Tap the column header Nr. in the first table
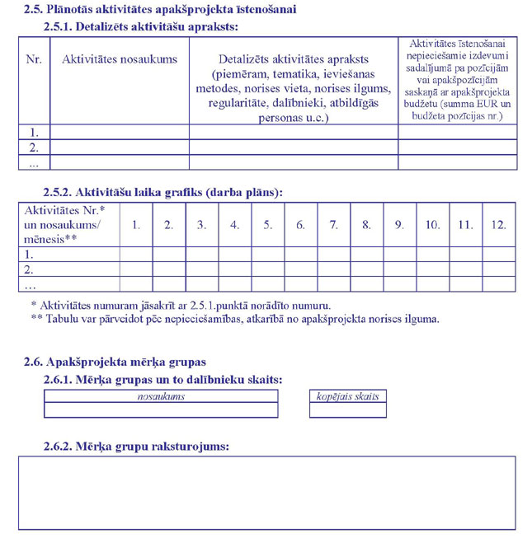(34, 59)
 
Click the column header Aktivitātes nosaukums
(120, 59)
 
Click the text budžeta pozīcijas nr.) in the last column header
(457, 117)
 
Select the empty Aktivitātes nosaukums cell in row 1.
(120, 132)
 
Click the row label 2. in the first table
(34, 147)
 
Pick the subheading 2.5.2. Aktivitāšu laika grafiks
(162, 192)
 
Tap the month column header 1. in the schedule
(136, 224)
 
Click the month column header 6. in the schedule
(300, 224)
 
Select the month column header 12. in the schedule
(498, 224)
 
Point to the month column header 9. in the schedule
(399, 224)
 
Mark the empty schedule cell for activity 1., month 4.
(235, 254)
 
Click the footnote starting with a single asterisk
(181, 305)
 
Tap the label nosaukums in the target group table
(161, 396)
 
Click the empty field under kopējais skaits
(347, 409)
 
